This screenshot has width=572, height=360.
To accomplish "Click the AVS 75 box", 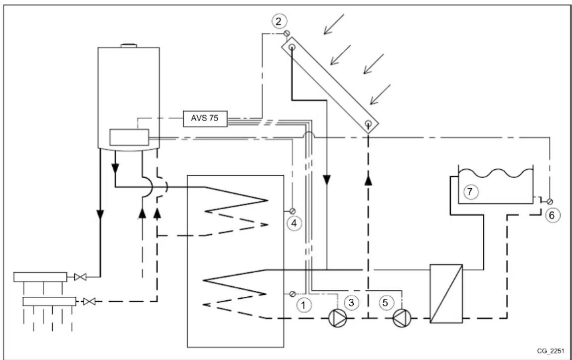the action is coord(205,119).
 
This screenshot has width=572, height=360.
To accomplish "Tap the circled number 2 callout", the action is coord(279,21).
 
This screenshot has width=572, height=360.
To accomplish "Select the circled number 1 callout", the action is coord(303,304).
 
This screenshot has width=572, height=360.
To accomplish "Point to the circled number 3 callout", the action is coord(351,302).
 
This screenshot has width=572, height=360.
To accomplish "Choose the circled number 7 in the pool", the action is coord(470,192).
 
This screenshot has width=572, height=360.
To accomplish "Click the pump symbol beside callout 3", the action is coord(338,318).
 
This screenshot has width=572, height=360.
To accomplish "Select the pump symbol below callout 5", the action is coord(402,318).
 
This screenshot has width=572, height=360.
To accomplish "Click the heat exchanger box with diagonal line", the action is coord(446,294).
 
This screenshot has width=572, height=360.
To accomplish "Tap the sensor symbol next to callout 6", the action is coord(550,202).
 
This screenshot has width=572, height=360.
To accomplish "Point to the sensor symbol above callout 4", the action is coord(292,211).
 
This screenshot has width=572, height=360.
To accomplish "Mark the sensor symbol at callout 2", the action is coord(286,33).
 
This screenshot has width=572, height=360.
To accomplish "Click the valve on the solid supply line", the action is coord(80,277).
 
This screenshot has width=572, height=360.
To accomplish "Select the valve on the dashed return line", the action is coord(89,302).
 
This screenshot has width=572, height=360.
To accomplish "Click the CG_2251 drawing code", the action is coord(550,351).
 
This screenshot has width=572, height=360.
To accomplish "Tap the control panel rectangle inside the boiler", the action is coord(129,137).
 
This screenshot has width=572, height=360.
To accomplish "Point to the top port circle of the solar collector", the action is coord(292,47).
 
